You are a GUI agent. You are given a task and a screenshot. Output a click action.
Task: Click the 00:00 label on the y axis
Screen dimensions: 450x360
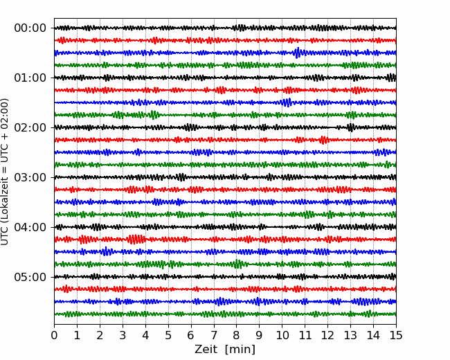click(30, 28)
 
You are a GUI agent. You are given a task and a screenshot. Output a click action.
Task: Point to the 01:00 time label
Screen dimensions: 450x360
click(30, 78)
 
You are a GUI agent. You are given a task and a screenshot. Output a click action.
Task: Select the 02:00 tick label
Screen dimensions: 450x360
click(30, 127)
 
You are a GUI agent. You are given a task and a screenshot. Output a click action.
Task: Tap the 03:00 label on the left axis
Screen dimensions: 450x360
click(30, 177)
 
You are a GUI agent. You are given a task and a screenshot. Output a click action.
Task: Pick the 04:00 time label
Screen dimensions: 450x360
click(30, 227)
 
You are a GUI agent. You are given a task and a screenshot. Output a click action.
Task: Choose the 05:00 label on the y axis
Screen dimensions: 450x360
click(30, 277)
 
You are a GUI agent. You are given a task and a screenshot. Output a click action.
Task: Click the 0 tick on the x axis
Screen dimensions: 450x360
click(54, 335)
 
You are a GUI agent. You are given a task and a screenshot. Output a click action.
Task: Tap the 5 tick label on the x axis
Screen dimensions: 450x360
click(168, 335)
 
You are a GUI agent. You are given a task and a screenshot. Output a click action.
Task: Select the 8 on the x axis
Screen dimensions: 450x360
click(237, 335)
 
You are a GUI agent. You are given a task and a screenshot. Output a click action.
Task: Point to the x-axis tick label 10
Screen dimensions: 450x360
click(282, 335)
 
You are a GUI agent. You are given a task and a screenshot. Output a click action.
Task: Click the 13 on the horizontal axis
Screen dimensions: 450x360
click(350, 335)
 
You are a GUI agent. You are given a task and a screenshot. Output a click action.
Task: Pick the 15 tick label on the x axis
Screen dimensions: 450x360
click(396, 335)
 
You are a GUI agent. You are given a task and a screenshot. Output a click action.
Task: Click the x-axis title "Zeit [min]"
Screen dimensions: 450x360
click(225, 349)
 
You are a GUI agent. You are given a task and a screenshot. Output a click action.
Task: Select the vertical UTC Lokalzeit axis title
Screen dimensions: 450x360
click(5, 172)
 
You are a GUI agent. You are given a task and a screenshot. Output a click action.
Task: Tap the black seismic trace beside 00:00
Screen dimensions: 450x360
click(225, 28)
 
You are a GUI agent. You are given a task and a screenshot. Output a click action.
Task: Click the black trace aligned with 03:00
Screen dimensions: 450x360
click(225, 177)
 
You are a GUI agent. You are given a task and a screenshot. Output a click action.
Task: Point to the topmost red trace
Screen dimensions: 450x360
click(225, 40)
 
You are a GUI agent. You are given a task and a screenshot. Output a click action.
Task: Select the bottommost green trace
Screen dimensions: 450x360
click(225, 314)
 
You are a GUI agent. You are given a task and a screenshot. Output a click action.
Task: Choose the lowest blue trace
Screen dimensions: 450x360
click(225, 301)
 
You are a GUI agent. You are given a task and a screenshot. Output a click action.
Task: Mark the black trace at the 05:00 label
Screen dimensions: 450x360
click(225, 277)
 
